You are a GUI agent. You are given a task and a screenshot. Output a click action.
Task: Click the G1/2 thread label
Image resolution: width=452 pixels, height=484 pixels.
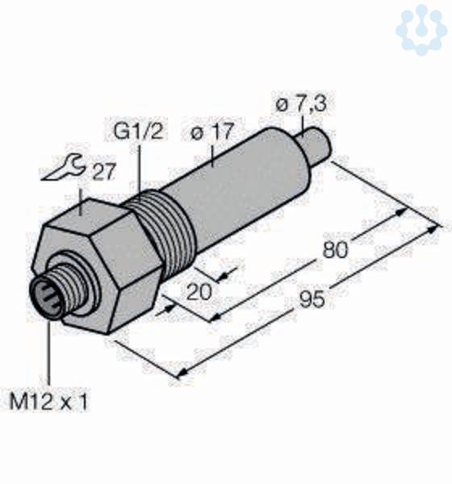[138, 131]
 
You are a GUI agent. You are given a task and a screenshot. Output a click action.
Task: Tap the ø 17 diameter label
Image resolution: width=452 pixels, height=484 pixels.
[211, 131]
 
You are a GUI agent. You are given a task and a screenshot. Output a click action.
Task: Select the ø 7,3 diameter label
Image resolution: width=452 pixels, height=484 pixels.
[300, 104]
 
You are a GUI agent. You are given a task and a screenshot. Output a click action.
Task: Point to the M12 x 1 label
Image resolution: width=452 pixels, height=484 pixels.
[48, 401]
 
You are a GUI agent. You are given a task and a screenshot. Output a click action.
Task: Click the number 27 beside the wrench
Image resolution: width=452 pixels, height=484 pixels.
[104, 172]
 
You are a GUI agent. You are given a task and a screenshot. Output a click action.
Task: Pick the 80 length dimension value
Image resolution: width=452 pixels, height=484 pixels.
[335, 249]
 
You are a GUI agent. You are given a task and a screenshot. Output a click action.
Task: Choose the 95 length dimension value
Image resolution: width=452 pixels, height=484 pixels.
[312, 299]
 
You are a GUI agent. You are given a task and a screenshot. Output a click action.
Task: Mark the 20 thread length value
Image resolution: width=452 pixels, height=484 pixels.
[199, 292]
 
